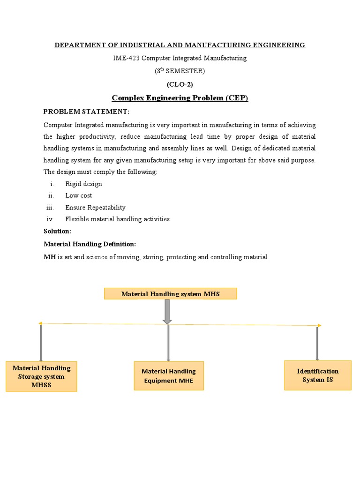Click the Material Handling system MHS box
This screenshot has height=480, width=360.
pyautogui.click(x=170, y=294)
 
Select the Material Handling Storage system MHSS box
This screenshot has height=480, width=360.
pyautogui.click(x=41, y=376)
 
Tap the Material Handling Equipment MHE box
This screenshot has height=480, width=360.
pyautogui.click(x=169, y=376)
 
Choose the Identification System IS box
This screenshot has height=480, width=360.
pyautogui.click(x=317, y=375)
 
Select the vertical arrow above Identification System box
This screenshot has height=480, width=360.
pyautogui.click(x=317, y=343)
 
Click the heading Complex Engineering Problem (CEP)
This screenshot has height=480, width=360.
pyautogui.click(x=180, y=98)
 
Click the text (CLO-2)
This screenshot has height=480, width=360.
pyautogui.click(x=180, y=84)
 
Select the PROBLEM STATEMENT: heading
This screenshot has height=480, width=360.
pyautogui.click(x=86, y=112)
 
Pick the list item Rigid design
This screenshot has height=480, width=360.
pyautogui.click(x=83, y=184)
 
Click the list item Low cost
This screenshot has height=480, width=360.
pyautogui.click(x=78, y=195)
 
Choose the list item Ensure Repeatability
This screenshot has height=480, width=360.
pyautogui.click(x=95, y=207)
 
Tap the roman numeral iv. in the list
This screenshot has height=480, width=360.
pyautogui.click(x=50, y=219)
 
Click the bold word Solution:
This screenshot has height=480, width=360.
pyautogui.click(x=57, y=231)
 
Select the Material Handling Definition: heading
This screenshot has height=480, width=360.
pyautogui.click(x=90, y=244)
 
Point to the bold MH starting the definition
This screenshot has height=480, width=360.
pyautogui.click(x=50, y=257)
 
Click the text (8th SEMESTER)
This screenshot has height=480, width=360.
pyautogui.click(x=180, y=71)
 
